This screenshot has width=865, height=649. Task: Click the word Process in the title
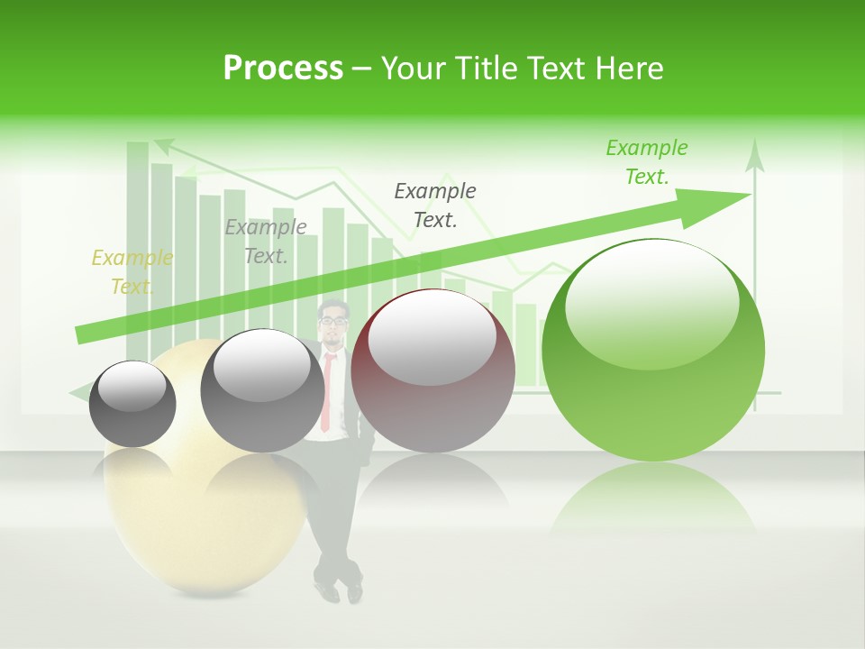click(x=283, y=69)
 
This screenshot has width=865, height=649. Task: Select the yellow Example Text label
click(x=132, y=272)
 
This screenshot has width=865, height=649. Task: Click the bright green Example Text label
click(x=647, y=162)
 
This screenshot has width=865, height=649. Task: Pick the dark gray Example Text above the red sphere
click(x=435, y=205)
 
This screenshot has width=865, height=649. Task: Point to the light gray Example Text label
click(x=266, y=242)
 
